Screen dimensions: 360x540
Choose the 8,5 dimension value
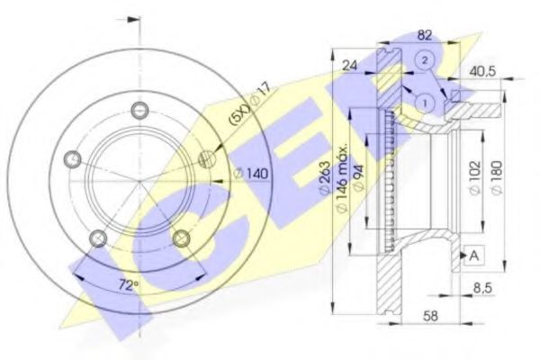(483, 290)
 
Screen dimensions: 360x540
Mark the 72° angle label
(128, 285)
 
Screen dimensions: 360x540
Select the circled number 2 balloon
(426, 60)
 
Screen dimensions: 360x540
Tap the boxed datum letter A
(473, 256)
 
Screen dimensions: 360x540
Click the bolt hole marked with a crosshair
(207, 159)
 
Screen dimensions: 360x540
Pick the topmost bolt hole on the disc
(139, 111)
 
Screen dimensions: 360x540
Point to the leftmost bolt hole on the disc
(73, 159)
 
